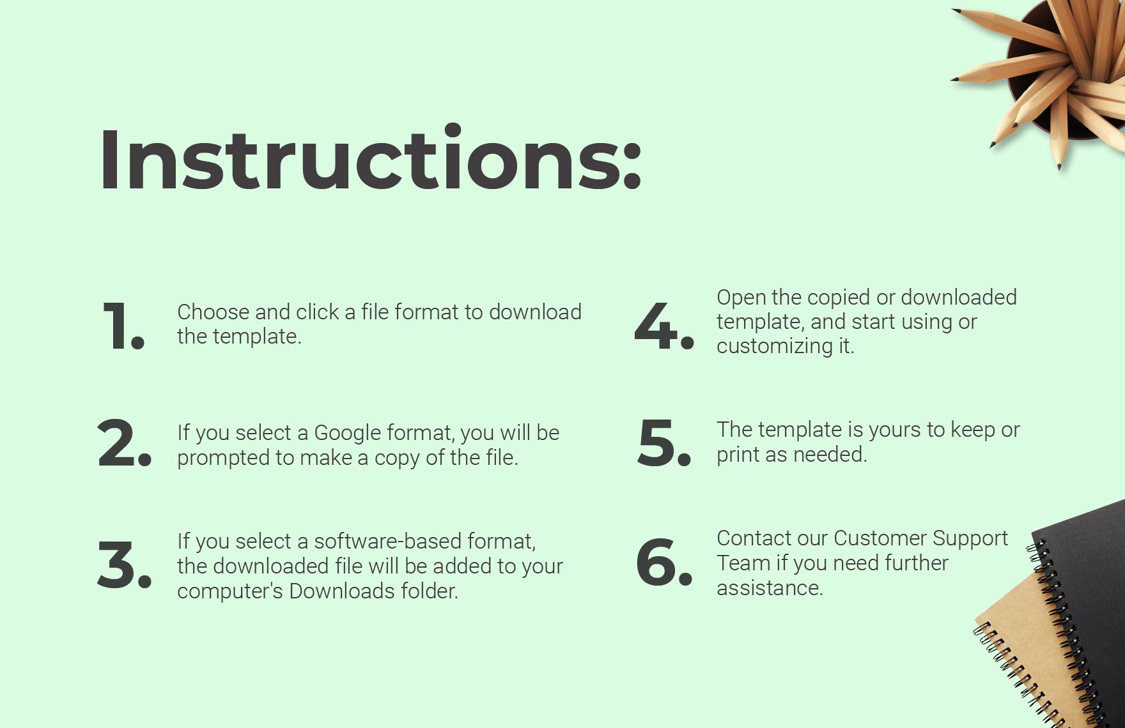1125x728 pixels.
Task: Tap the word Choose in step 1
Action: coord(213,312)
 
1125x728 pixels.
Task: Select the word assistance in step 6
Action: coord(769,588)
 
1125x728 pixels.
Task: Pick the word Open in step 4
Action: coord(741,298)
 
